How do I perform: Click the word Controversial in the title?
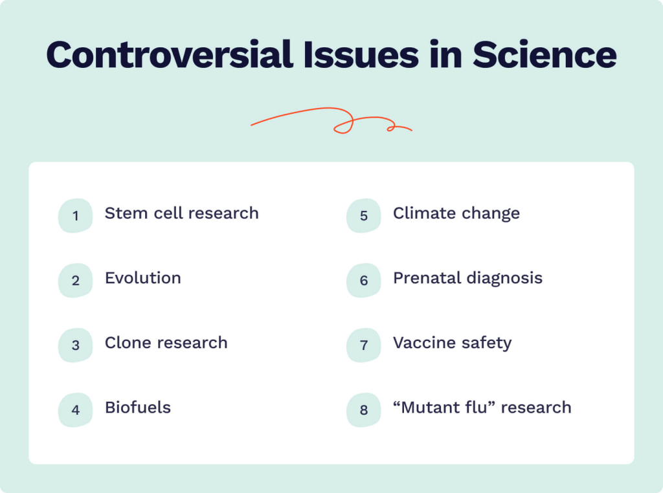(170, 55)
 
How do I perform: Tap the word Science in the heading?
(545, 55)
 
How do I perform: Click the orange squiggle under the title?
(331, 121)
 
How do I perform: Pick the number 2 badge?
(75, 281)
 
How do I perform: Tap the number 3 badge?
(75, 345)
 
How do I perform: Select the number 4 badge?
(75, 410)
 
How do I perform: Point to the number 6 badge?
(363, 281)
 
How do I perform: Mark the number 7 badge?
(363, 345)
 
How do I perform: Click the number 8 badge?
(363, 410)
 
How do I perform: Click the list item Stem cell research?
(181, 214)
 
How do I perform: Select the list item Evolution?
(143, 278)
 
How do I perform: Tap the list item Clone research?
(166, 343)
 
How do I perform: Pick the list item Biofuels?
(138, 408)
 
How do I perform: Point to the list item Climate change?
(456, 214)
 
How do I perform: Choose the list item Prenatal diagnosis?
(467, 278)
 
